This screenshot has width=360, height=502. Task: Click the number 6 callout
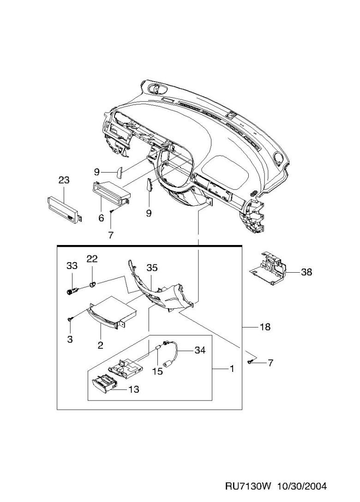[101, 218]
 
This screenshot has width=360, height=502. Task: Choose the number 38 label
[306, 272]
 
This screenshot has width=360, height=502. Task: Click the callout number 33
[72, 266]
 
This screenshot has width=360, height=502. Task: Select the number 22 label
[92, 259]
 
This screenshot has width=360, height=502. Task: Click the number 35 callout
[152, 268]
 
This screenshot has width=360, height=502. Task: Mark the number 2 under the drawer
[100, 344]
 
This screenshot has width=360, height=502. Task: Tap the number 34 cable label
[199, 351]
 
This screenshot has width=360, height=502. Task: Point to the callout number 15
[157, 371]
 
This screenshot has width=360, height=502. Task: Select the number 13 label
[133, 389]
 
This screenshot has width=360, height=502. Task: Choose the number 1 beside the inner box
[232, 369]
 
